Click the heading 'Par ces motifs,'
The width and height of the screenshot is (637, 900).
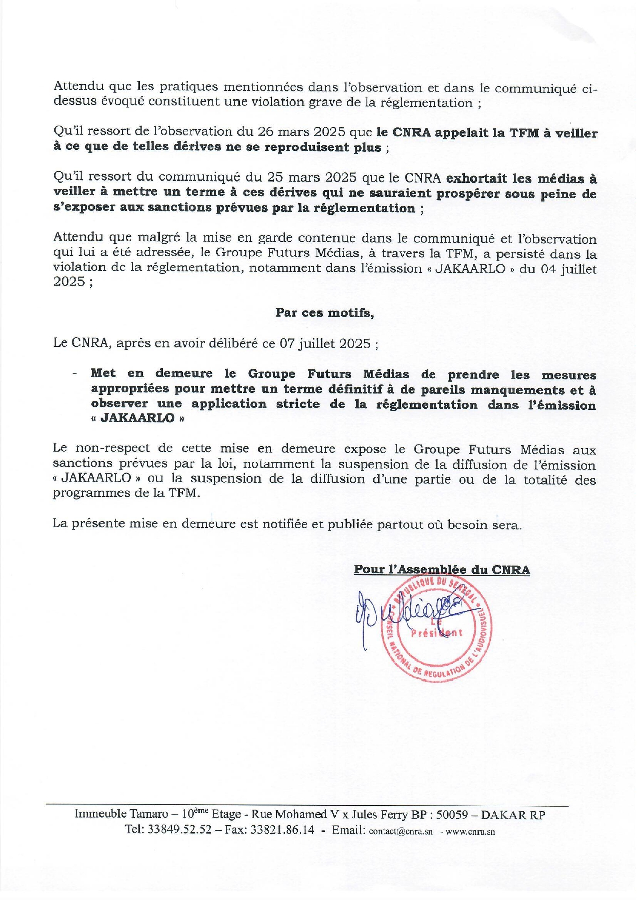[325, 313]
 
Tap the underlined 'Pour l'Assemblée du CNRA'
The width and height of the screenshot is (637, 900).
[442, 570]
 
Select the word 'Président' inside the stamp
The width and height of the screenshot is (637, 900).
[436, 633]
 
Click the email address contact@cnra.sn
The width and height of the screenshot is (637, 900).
[401, 832]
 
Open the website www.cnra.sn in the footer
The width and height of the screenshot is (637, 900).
[470, 832]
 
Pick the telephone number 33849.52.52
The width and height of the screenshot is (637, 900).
[179, 830]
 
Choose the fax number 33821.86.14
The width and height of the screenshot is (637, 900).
[282, 830]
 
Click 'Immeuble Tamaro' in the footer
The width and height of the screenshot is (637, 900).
[121, 814]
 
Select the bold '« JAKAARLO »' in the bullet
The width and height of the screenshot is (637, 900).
[137, 418]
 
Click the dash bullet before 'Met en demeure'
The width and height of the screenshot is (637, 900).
[75, 374]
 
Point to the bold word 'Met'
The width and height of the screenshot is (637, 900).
[103, 373]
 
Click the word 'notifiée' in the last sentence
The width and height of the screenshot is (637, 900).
[286, 524]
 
